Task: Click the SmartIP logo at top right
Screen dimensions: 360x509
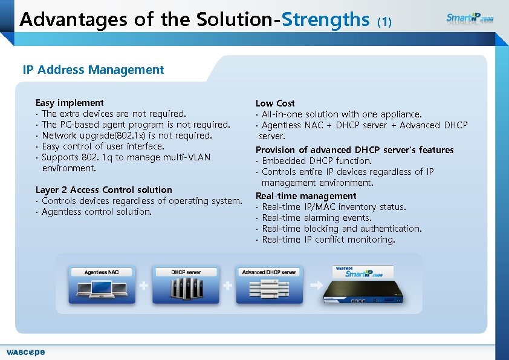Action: pyautogui.click(x=470, y=18)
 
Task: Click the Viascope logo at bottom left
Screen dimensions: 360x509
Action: pyautogui.click(x=25, y=352)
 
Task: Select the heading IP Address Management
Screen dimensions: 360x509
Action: pyautogui.click(x=93, y=70)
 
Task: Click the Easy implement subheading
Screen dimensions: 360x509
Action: pyautogui.click(x=70, y=103)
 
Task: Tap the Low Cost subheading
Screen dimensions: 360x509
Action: pyautogui.click(x=275, y=103)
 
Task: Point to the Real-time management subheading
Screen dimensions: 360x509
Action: pyautogui.click(x=306, y=196)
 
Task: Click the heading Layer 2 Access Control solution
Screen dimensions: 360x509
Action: pyautogui.click(x=104, y=190)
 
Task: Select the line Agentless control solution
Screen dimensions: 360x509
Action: pyautogui.click(x=97, y=212)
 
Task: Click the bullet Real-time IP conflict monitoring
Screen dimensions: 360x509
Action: pyautogui.click(x=328, y=240)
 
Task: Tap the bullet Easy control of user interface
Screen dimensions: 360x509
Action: pyautogui.click(x=103, y=146)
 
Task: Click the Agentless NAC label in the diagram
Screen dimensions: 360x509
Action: pyautogui.click(x=102, y=272)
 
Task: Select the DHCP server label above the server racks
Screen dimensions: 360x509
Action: pyautogui.click(x=186, y=272)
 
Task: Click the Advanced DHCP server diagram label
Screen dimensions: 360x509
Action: pyautogui.click(x=269, y=272)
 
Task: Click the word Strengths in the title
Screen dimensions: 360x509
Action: pyautogui.click(x=326, y=20)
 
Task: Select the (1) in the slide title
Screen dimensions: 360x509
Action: pyautogui.click(x=384, y=22)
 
